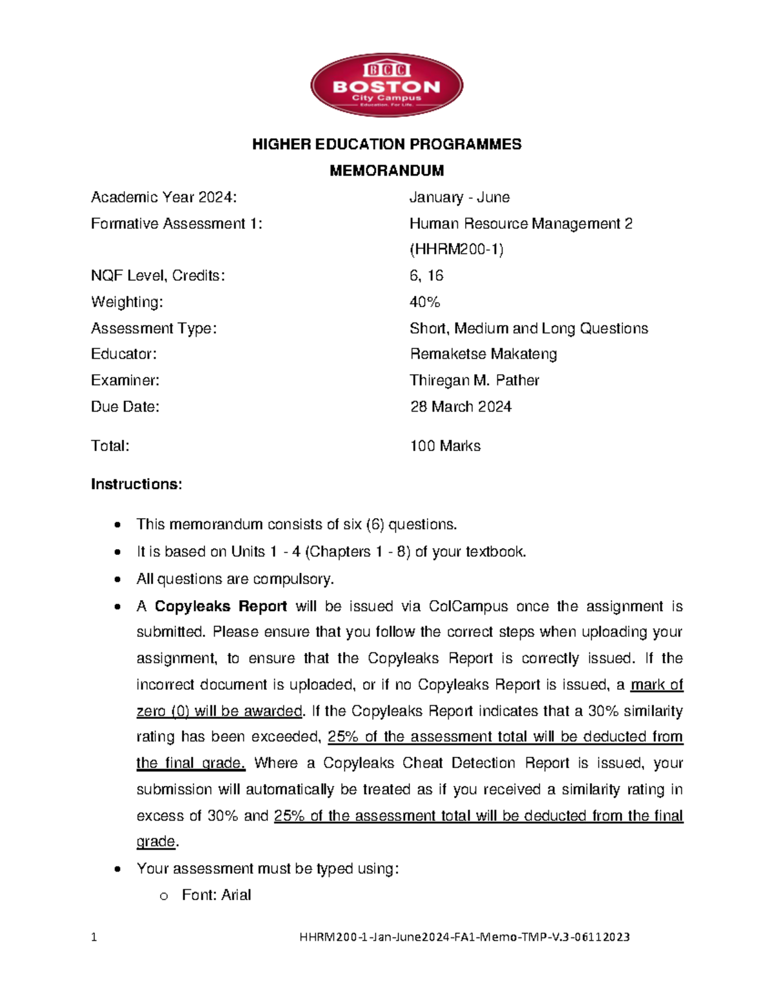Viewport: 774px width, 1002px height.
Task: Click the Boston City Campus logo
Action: click(386, 85)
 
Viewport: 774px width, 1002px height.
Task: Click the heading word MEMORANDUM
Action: click(386, 170)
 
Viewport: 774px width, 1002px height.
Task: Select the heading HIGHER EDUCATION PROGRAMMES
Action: click(386, 144)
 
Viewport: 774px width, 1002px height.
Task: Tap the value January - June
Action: click(459, 197)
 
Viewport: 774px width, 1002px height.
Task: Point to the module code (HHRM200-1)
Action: click(457, 250)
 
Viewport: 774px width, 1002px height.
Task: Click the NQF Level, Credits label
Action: click(158, 276)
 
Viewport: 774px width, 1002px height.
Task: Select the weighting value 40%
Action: click(424, 302)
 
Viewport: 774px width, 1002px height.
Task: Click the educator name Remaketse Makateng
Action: click(483, 354)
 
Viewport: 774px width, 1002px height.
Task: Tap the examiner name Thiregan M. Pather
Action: click(474, 381)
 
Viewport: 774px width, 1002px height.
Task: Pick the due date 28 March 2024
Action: click(461, 407)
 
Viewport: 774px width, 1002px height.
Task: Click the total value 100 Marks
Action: click(445, 446)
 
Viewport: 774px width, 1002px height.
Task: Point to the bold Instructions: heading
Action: click(136, 485)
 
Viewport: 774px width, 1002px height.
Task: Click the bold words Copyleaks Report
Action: click(221, 606)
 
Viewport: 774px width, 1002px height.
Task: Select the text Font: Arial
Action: click(216, 895)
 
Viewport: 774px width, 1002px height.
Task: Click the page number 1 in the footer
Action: click(94, 937)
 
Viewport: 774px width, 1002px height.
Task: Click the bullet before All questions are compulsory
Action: click(117, 579)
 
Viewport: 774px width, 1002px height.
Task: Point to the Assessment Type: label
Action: click(154, 328)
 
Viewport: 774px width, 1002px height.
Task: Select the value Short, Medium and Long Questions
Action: click(528, 328)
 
